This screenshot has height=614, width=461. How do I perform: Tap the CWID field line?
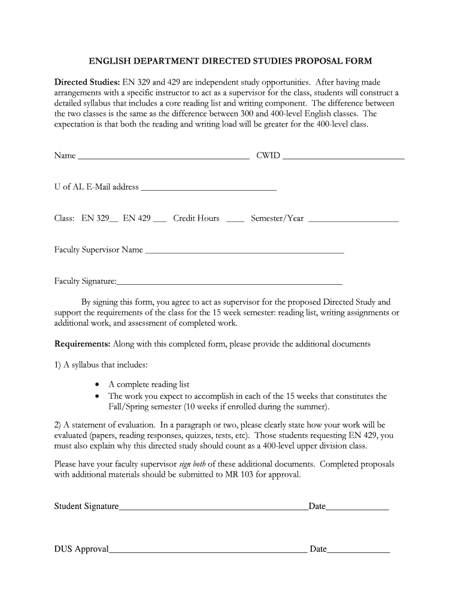click(343, 158)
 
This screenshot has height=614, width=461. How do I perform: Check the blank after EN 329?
click(114, 221)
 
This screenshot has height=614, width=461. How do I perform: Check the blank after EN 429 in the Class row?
click(159, 221)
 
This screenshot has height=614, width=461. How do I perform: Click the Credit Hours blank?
click(235, 221)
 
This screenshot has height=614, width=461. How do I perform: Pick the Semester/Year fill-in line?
click(353, 221)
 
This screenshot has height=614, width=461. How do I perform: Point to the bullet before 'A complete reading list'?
click(98, 385)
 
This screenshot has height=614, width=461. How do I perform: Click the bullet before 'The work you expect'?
click(98, 396)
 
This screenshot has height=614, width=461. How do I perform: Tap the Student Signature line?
click(213, 509)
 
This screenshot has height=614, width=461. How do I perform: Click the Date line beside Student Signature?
click(357, 509)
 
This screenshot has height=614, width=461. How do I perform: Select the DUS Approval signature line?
click(208, 552)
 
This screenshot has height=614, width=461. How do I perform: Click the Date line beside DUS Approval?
click(359, 552)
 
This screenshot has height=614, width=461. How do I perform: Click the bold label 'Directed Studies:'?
click(87, 82)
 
